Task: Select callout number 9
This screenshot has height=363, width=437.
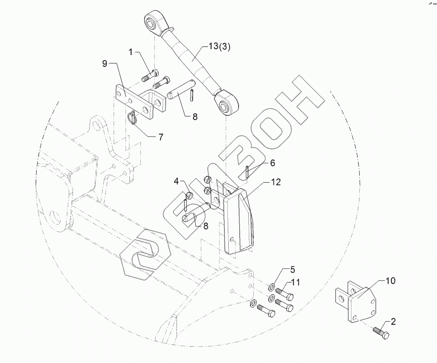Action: (105, 62)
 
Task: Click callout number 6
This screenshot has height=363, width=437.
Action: (272, 163)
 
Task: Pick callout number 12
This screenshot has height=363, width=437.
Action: (276, 182)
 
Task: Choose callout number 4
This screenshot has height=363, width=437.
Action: (177, 181)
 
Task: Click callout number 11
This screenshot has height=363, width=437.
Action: (296, 282)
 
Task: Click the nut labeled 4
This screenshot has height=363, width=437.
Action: (190, 195)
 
